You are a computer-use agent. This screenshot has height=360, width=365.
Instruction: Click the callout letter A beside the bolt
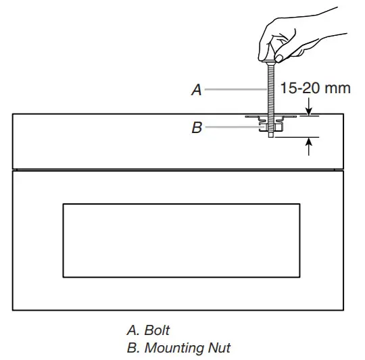197,90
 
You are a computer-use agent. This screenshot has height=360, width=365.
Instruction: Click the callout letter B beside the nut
197,127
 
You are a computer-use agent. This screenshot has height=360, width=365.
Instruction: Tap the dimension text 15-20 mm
316,88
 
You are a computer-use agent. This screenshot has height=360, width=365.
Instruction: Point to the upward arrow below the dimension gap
309,145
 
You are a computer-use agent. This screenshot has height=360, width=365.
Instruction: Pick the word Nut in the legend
220,348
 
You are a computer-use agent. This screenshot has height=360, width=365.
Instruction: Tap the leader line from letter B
233,126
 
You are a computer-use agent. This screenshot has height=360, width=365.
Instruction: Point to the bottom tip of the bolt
271,137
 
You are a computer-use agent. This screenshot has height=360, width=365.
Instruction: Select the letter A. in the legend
132,331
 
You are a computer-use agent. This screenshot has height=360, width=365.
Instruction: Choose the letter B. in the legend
132,348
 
